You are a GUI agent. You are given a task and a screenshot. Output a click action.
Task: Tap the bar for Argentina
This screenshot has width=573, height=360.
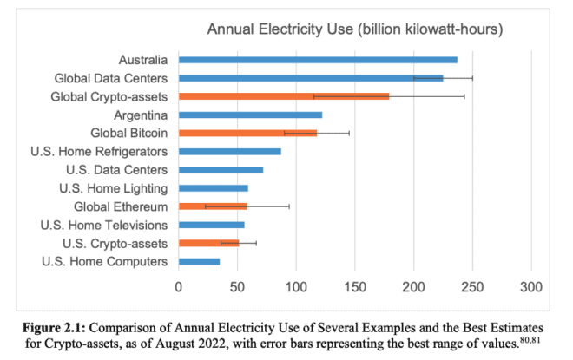250,115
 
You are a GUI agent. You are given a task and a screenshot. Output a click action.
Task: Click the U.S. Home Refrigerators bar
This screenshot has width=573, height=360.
229,151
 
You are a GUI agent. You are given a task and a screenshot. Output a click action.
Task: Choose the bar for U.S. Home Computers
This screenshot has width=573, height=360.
199,260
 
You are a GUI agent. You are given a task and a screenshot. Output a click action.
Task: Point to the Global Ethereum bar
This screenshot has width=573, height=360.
213,206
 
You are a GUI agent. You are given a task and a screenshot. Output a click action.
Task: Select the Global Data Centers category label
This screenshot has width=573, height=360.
109,78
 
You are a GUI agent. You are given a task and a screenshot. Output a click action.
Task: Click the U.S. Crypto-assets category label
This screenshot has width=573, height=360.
113,243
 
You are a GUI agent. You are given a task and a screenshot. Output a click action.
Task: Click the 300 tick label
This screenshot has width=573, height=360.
530,285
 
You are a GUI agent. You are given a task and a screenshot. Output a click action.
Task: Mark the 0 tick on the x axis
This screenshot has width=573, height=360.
179,285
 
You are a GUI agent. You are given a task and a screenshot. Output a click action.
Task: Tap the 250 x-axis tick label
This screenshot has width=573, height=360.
472,285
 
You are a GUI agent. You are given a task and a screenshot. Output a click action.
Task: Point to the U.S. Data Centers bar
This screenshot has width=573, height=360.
221,169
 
